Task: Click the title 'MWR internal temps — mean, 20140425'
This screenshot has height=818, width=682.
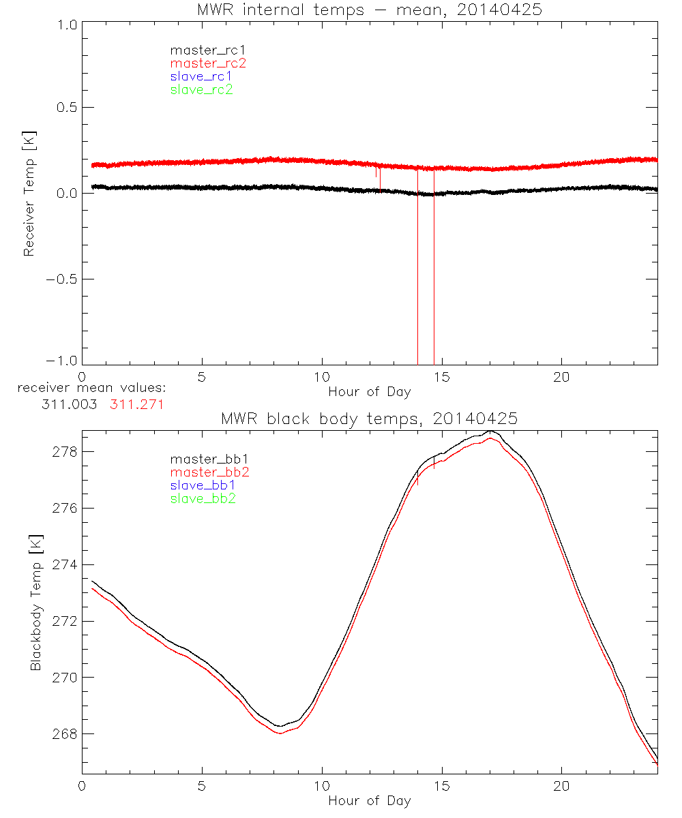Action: coord(369,10)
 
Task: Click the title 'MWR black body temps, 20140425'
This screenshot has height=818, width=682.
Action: coord(369,419)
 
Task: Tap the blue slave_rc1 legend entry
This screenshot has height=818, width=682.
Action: coord(201,76)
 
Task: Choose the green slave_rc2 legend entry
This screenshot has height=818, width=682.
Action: coord(201,89)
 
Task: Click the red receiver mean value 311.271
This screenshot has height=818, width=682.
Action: coord(137,404)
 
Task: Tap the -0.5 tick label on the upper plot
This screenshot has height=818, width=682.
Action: coord(59,279)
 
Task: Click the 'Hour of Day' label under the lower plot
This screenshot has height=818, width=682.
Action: coord(369,801)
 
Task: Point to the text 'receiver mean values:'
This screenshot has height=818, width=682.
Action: coord(92,388)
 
